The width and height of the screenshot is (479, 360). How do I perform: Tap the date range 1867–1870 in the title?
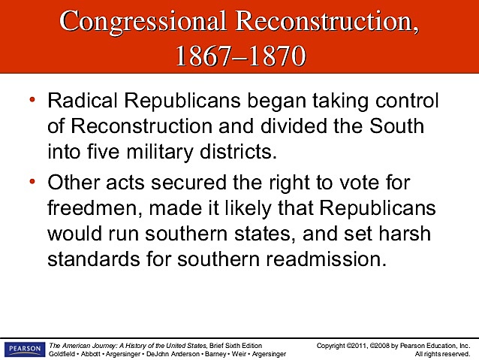[239, 55]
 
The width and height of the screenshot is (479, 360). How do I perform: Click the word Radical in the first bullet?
[77, 102]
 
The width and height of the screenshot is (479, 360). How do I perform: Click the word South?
[396, 126]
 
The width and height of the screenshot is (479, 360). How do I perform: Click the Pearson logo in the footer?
[24, 349]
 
